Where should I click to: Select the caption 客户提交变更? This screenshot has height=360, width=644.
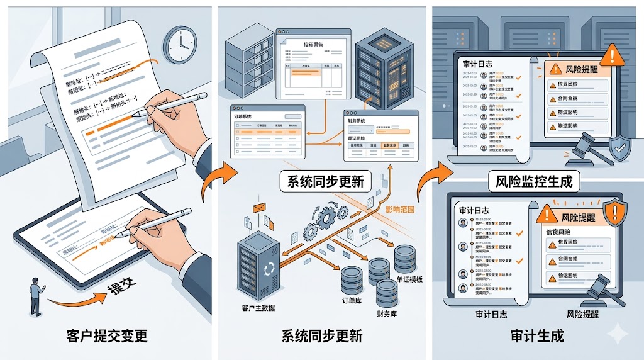click(107, 336)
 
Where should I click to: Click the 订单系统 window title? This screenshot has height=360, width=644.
click(247, 116)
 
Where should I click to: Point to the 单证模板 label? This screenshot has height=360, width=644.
click(411, 278)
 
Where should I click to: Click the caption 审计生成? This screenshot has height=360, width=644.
click(536, 336)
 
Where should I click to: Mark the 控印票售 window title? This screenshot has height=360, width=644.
click(303, 45)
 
